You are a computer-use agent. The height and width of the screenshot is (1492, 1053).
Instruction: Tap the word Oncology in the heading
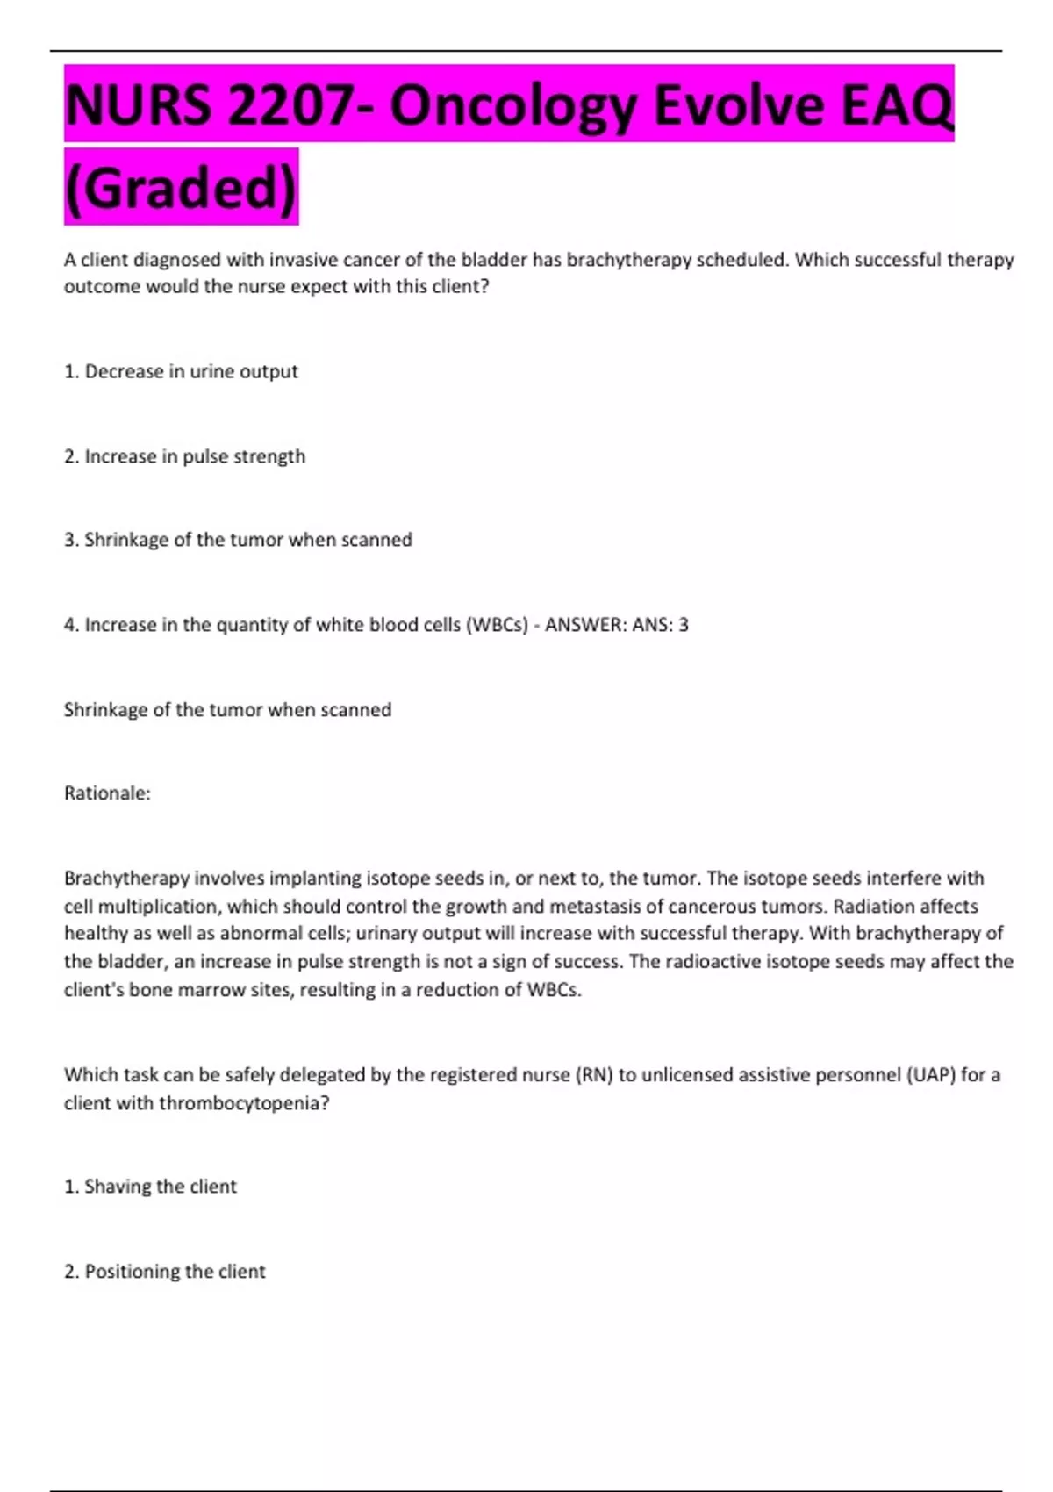512,105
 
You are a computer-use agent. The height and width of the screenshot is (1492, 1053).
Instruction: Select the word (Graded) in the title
182,188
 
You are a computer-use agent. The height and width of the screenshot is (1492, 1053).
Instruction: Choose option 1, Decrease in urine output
181,371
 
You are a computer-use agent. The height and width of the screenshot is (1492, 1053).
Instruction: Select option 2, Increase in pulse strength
184,456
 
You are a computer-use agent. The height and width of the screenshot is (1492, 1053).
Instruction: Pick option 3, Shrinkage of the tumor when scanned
238,540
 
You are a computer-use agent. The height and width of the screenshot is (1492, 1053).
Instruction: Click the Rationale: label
107,793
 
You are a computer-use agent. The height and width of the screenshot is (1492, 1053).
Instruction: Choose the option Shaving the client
150,1187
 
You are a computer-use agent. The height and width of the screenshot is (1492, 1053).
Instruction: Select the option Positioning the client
164,1272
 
